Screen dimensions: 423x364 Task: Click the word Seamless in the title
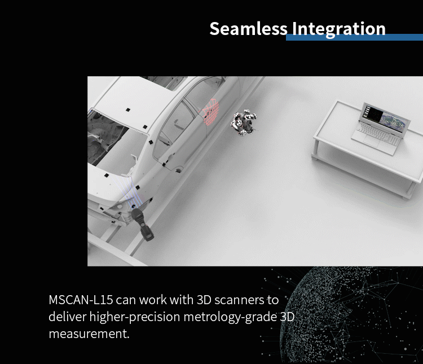249,28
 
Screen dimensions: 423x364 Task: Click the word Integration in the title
339,29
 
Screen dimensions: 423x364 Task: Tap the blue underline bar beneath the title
354,37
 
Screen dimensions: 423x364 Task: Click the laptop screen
386,119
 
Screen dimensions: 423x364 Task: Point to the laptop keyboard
378,133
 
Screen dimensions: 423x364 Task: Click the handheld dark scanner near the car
142,224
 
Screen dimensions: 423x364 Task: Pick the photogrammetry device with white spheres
244,122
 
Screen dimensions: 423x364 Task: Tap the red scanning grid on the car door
210,111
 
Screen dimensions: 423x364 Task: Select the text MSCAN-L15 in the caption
81,300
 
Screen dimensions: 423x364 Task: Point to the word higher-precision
135,317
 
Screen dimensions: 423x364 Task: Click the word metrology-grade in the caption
230,317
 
